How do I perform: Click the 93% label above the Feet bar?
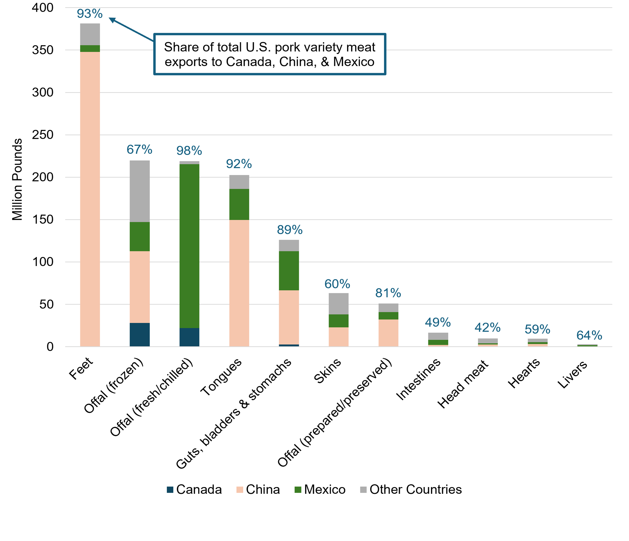[89, 14]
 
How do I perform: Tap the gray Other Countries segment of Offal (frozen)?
[140, 191]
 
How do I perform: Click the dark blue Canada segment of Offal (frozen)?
[140, 334]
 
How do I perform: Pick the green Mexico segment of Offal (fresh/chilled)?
[190, 246]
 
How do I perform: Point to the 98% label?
[189, 151]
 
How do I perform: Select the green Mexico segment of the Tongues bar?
[239, 204]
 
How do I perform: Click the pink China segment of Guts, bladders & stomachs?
[289, 317]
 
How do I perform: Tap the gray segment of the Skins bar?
[339, 304]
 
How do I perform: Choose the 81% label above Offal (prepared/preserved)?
[388, 293]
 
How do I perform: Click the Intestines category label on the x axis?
[418, 379]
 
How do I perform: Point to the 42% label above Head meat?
[488, 328]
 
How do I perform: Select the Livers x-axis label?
[573, 375]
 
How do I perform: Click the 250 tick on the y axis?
[43, 135]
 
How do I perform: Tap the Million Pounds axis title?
[17, 180]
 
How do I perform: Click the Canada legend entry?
[194, 489]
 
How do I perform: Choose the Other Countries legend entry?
[411, 489]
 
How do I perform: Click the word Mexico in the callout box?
[354, 62]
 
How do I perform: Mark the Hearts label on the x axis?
[524, 373]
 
